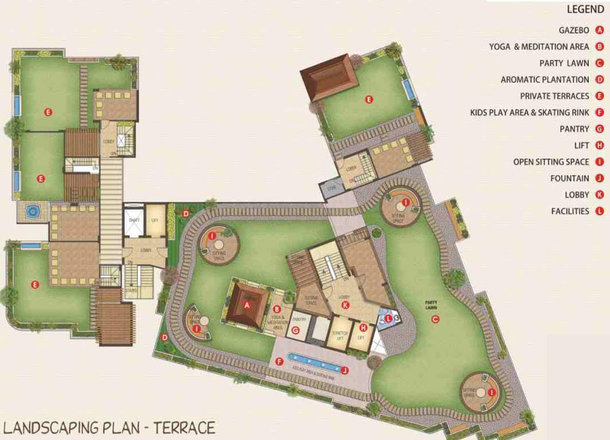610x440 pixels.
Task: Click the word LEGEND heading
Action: pyautogui.click(x=585, y=10)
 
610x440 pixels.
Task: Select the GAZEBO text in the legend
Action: pyautogui.click(x=573, y=30)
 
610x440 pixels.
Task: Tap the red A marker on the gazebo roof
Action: pyautogui.click(x=248, y=305)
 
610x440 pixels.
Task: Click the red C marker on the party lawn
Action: pyautogui.click(x=435, y=319)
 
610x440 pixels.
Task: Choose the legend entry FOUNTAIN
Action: pyautogui.click(x=569, y=178)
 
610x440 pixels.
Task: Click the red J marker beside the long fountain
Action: pyautogui.click(x=345, y=371)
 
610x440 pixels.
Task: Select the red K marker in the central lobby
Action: pyautogui.click(x=345, y=305)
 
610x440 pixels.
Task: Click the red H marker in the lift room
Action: pyautogui.click(x=362, y=327)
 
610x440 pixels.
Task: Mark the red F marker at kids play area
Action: pyautogui.click(x=279, y=362)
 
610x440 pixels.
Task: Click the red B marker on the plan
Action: pyautogui.click(x=276, y=309)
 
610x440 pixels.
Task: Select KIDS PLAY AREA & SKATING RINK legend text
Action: pyautogui.click(x=529, y=113)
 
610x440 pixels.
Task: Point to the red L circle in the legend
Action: pyautogui.click(x=600, y=211)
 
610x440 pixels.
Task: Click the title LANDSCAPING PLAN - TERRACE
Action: pyautogui.click(x=109, y=427)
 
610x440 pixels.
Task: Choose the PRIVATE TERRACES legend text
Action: pyautogui.click(x=554, y=96)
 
